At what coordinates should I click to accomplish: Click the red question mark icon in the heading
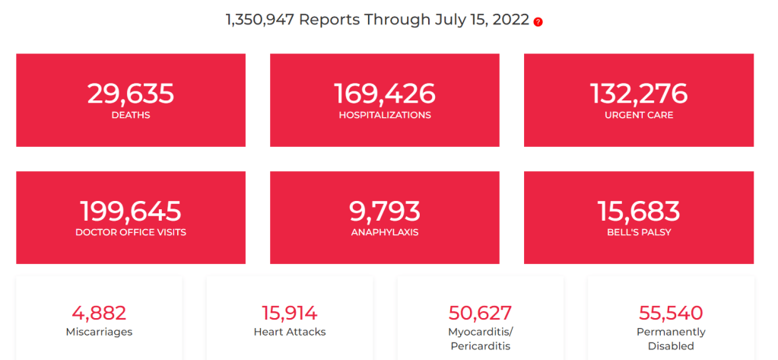(x=538, y=22)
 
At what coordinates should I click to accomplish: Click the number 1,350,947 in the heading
(x=259, y=20)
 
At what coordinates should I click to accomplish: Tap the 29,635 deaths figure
(x=131, y=94)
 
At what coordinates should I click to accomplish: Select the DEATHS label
(x=131, y=116)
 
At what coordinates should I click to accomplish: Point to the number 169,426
(x=385, y=94)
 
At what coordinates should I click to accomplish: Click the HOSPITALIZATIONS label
(x=385, y=116)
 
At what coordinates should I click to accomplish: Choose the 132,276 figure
(x=639, y=94)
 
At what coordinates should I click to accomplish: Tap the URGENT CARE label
(x=639, y=116)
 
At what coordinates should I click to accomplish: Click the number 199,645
(x=131, y=211)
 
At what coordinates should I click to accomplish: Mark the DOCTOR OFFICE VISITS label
(x=131, y=232)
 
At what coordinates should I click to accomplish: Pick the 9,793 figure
(x=385, y=211)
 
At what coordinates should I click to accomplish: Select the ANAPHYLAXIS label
(x=385, y=232)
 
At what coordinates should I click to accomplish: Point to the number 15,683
(x=639, y=211)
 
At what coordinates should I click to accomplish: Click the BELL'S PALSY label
(x=639, y=232)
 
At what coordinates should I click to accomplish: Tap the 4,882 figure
(x=99, y=313)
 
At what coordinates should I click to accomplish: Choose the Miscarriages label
(x=99, y=332)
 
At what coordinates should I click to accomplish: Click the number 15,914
(x=290, y=313)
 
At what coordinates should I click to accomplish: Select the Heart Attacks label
(x=290, y=332)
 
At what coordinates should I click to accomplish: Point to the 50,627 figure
(x=481, y=313)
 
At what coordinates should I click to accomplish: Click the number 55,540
(x=671, y=313)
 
